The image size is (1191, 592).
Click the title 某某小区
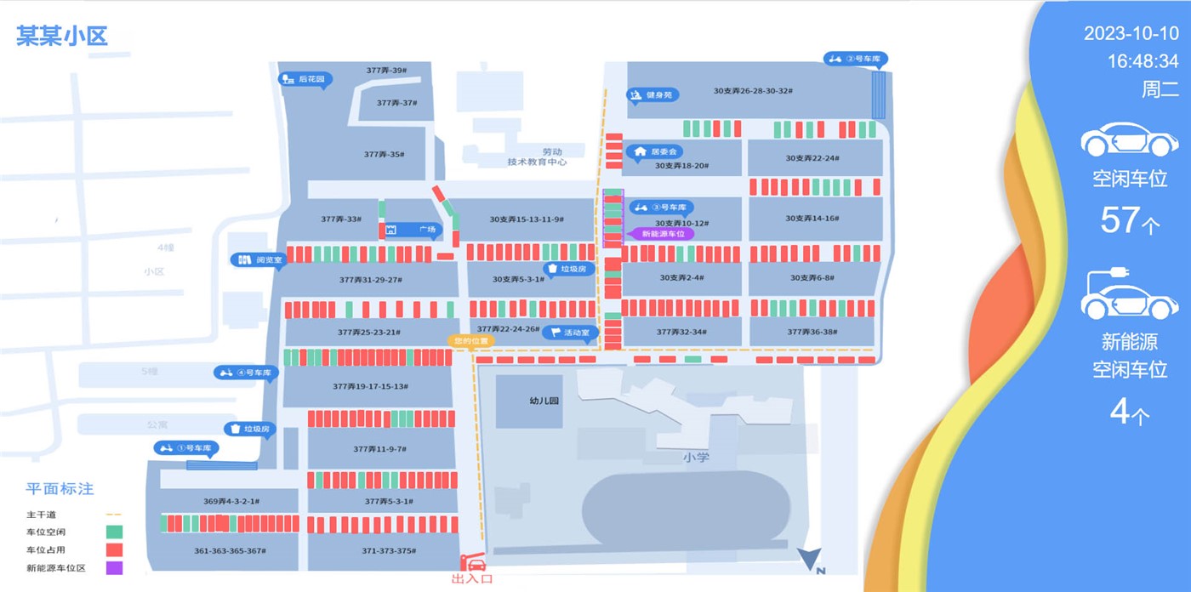[x=62, y=36]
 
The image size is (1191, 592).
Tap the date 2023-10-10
[x=1131, y=34]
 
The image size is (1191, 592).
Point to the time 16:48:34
[x=1143, y=61]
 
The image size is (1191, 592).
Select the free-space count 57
[x=1120, y=220]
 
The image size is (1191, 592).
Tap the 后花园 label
[x=307, y=79]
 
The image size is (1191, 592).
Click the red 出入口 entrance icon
[x=473, y=564]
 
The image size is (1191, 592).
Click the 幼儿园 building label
[x=543, y=400]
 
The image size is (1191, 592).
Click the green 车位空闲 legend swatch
[x=115, y=532]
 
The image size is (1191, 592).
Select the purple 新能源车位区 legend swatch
[x=115, y=567]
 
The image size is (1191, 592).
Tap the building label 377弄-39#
[x=385, y=70]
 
